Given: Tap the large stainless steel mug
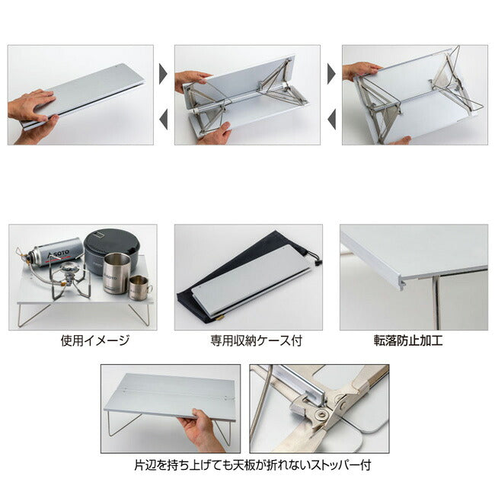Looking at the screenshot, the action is pos(117,273).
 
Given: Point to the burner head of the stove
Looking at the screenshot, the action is pos(70,270).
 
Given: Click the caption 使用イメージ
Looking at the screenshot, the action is pos(95,340).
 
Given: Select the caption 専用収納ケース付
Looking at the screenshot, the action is pos(257,340).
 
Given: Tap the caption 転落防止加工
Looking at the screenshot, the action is pos(408,340).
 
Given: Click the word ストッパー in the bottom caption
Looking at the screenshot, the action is pos(336,465).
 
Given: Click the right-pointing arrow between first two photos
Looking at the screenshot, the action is pos(163,74).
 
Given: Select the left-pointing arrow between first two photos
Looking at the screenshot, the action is pos(163,120).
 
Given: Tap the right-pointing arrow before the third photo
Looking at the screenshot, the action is pos(331,74).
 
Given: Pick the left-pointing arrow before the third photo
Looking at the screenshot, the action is pos(331,120).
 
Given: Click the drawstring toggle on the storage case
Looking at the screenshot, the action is pos(318,262).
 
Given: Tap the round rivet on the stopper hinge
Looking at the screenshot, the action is pos(322,414).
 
